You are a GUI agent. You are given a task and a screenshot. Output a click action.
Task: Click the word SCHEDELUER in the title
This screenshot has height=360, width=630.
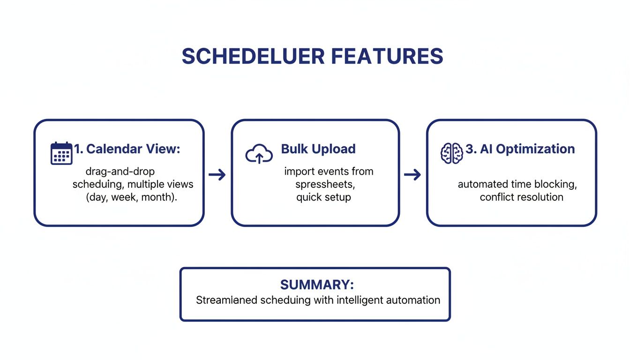pyautogui.click(x=253, y=56)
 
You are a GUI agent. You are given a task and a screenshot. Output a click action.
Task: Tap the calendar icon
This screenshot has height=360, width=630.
pyautogui.click(x=61, y=153)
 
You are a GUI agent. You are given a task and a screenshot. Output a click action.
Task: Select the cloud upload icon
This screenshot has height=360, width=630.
pyautogui.click(x=259, y=154)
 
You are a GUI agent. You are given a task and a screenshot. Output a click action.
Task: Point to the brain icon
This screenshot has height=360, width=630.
pyautogui.click(x=451, y=153)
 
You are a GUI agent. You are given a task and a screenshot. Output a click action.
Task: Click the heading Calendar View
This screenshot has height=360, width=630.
pyautogui.click(x=127, y=149)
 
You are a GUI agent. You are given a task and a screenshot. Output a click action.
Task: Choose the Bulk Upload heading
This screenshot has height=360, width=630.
pyautogui.click(x=318, y=149)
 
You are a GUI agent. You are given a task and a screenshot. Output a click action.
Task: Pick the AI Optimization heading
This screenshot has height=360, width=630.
pyautogui.click(x=520, y=149)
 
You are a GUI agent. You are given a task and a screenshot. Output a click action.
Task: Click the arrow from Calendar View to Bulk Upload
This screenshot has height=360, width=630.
pyautogui.click(x=217, y=175)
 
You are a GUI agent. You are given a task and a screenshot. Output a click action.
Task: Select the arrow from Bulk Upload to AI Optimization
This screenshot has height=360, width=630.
pyautogui.click(x=412, y=175)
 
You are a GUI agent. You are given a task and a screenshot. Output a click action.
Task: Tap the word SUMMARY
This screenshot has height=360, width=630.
pyautogui.click(x=317, y=285)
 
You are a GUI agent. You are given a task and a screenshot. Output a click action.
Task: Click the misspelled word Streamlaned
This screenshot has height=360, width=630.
pyautogui.click(x=225, y=300)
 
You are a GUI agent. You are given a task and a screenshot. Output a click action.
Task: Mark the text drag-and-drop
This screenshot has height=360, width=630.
pyautogui.click(x=120, y=172)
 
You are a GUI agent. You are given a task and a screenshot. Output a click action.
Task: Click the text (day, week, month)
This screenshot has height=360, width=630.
pyautogui.click(x=131, y=197)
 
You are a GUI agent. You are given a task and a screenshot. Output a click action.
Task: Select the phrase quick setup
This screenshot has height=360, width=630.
pyautogui.click(x=323, y=197)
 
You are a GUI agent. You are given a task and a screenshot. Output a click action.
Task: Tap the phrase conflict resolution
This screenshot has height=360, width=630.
pyautogui.click(x=521, y=197)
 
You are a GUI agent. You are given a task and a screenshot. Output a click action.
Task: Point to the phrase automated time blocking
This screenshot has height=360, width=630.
pyautogui.click(x=517, y=184)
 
